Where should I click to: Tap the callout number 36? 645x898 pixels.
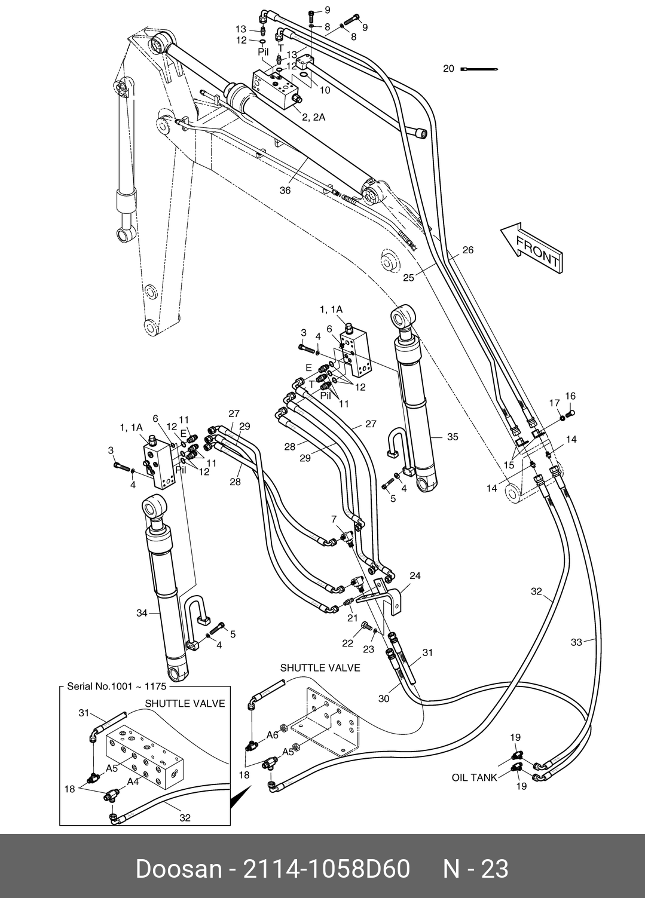[285, 191]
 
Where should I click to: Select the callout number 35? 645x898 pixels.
[453, 437]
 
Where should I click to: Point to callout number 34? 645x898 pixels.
[142, 613]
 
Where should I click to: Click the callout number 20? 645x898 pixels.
[448, 69]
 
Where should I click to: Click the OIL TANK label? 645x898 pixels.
[474, 777]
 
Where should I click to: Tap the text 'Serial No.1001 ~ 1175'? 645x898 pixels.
[117, 686]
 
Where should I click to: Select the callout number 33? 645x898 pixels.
[576, 642]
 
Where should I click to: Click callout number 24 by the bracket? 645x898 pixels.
[415, 576]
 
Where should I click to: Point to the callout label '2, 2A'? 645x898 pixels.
[313, 117]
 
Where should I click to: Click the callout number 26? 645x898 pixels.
[467, 250]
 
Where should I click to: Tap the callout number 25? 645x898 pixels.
[408, 277]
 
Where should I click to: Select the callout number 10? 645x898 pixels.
[325, 91]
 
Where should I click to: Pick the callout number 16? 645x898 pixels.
[570, 396]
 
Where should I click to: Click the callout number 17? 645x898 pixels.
[555, 403]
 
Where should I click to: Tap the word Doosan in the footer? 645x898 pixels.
[178, 869]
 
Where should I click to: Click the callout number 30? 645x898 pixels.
[383, 698]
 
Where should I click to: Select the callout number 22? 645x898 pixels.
[348, 643]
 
